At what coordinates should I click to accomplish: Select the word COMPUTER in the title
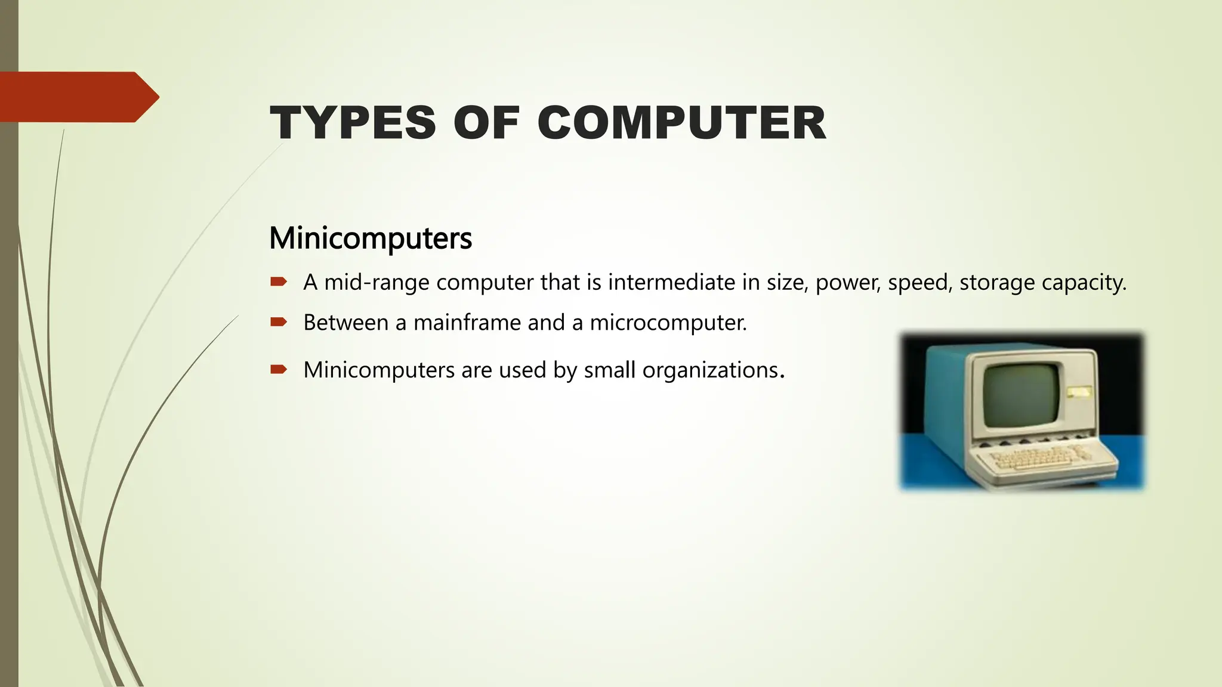681,123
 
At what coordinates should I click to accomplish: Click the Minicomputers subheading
371,238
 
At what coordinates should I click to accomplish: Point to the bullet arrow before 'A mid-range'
279,281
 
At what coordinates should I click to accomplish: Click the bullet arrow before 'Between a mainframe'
279,322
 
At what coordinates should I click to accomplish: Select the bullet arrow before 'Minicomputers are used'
279,370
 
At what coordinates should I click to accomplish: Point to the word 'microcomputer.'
668,323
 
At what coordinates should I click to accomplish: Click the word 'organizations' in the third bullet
711,370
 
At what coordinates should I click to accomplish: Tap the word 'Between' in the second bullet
346,323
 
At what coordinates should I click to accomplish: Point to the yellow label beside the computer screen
1079,392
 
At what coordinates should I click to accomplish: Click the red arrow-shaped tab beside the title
78,97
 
